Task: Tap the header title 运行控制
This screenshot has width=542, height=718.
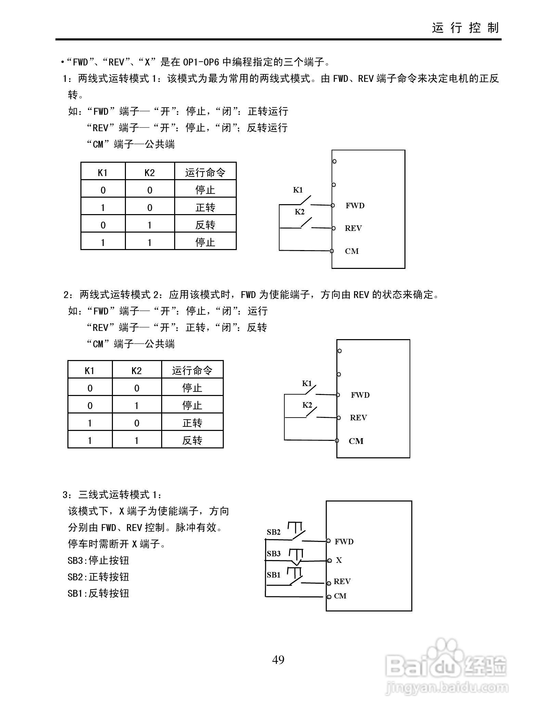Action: (x=465, y=28)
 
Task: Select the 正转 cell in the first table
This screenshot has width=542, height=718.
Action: (x=205, y=207)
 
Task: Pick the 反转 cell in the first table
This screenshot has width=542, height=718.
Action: (x=205, y=225)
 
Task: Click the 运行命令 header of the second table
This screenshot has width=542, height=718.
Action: (x=192, y=370)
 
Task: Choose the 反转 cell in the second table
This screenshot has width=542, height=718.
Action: (x=192, y=440)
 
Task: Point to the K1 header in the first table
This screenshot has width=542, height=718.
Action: (x=103, y=173)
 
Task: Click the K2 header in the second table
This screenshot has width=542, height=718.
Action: (x=137, y=371)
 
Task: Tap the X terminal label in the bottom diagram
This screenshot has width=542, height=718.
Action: (x=339, y=560)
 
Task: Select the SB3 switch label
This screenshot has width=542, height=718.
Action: (x=274, y=553)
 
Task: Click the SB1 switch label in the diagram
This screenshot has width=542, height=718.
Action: (x=274, y=575)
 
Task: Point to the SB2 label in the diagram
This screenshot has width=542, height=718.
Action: (x=274, y=532)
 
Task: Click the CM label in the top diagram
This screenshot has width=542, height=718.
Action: (x=352, y=251)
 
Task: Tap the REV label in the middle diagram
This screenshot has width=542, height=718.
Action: (x=358, y=418)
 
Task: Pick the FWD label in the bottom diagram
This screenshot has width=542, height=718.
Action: (x=344, y=542)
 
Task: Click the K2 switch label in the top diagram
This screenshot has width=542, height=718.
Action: (x=299, y=212)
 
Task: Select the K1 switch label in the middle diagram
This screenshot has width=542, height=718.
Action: (x=307, y=383)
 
